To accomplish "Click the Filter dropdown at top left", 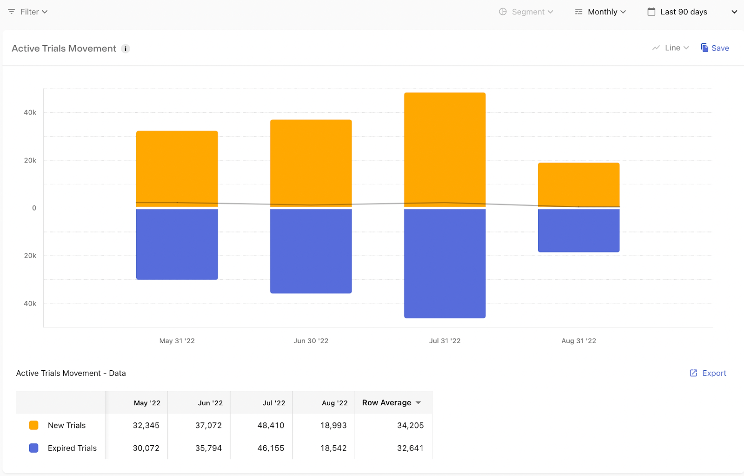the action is pyautogui.click(x=28, y=12).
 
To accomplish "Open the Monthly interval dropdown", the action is pyautogui.click(x=600, y=12).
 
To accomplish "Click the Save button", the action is pyautogui.click(x=715, y=48).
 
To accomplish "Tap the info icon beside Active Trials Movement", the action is pyautogui.click(x=125, y=48).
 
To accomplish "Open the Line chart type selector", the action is pyautogui.click(x=671, y=48).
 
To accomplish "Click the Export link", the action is pyautogui.click(x=708, y=373).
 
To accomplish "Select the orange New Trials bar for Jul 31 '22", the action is pyautogui.click(x=445, y=150).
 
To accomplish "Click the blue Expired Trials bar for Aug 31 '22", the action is pyautogui.click(x=578, y=231).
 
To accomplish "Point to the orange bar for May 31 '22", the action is pyautogui.click(x=177, y=169).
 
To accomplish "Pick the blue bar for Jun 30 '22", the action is pyautogui.click(x=311, y=251).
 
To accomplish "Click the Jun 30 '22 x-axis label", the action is pyautogui.click(x=311, y=341).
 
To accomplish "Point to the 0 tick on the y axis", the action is pyautogui.click(x=34, y=208).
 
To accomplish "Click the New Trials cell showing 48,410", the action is pyautogui.click(x=271, y=425).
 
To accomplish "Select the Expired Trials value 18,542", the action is pyautogui.click(x=333, y=448).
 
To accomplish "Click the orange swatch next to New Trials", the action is pyautogui.click(x=33, y=425).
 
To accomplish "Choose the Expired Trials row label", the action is pyautogui.click(x=72, y=448).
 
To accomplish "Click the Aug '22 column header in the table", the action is pyautogui.click(x=334, y=403).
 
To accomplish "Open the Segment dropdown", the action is pyautogui.click(x=526, y=12).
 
